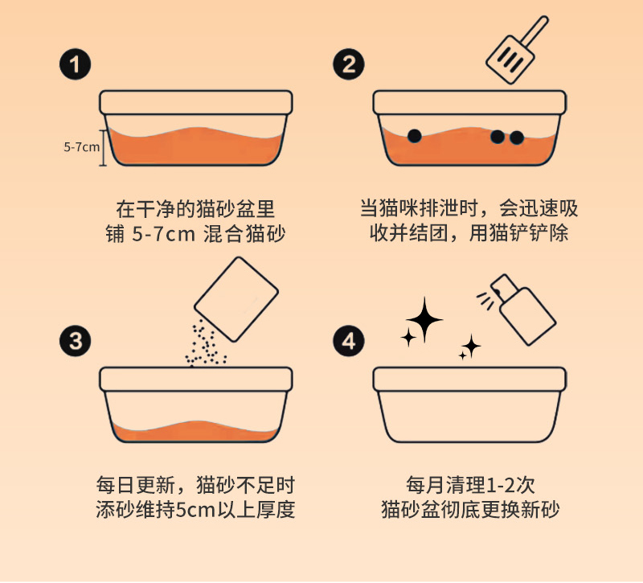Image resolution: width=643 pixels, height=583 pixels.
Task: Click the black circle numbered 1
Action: pyautogui.click(x=75, y=65)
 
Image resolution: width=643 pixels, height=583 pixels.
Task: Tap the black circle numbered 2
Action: pyautogui.click(x=349, y=65)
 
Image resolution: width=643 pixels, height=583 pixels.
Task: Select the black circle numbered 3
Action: pyautogui.click(x=75, y=341)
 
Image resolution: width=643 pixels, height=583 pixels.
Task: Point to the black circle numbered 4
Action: pyautogui.click(x=349, y=341)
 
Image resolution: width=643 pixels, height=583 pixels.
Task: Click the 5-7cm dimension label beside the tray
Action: pyautogui.click(x=82, y=147)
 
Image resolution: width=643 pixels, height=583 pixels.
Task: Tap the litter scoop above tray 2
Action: pyautogui.click(x=517, y=50)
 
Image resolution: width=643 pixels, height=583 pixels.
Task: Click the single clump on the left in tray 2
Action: pyautogui.click(x=415, y=136)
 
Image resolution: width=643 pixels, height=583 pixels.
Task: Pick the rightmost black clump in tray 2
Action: pyautogui.click(x=517, y=138)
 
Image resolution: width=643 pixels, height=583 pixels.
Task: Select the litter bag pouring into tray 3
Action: pyautogui.click(x=236, y=299)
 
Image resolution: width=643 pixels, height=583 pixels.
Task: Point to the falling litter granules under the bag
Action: pyautogui.click(x=205, y=345)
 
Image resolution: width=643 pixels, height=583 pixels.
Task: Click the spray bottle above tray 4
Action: pyautogui.click(x=523, y=310)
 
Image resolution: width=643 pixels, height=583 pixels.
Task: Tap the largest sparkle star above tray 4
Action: pyautogui.click(x=424, y=320)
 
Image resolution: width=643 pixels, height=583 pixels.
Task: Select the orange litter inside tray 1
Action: pyautogui.click(x=196, y=146)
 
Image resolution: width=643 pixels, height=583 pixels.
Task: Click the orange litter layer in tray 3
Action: pyautogui.click(x=196, y=432)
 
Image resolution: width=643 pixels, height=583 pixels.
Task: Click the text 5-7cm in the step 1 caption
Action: pyautogui.click(x=163, y=235)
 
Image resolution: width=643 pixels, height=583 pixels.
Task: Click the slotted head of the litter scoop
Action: pyautogui.click(x=510, y=60)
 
